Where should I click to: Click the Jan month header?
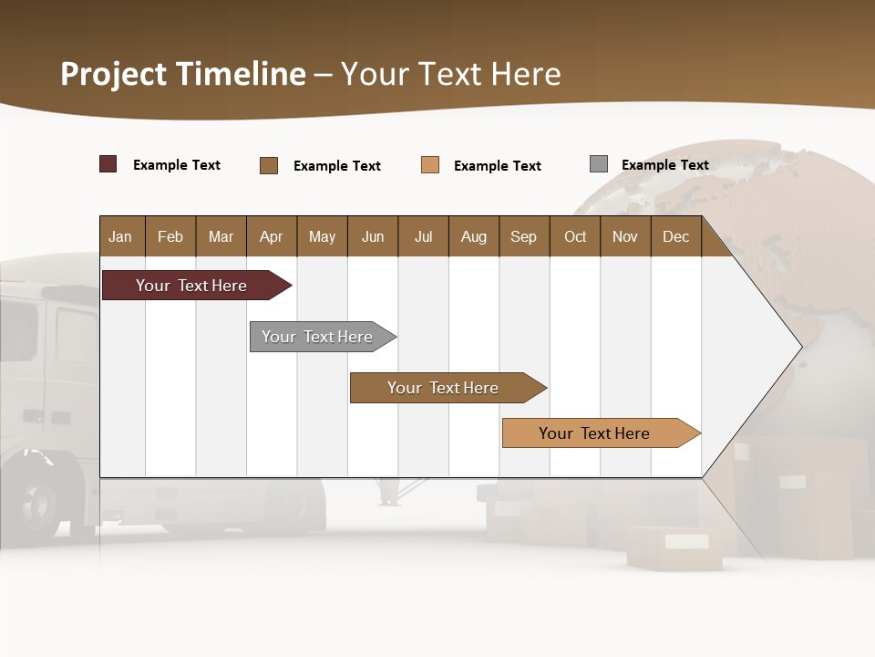tap(121, 236)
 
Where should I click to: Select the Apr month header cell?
tap(272, 236)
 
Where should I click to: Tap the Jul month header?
tap(423, 236)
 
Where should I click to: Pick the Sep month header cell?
tap(524, 236)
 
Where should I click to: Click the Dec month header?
tap(675, 236)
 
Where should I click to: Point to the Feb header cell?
tap(170, 236)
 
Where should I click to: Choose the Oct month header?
tap(575, 236)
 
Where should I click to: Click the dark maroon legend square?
tap(108, 164)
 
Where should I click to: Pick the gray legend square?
tap(599, 164)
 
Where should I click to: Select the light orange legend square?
tap(430, 165)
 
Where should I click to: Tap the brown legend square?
tap(269, 165)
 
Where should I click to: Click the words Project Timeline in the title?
tap(183, 74)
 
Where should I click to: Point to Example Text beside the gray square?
tap(664, 165)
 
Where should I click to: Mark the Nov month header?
tap(625, 236)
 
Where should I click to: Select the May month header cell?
tap(322, 236)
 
